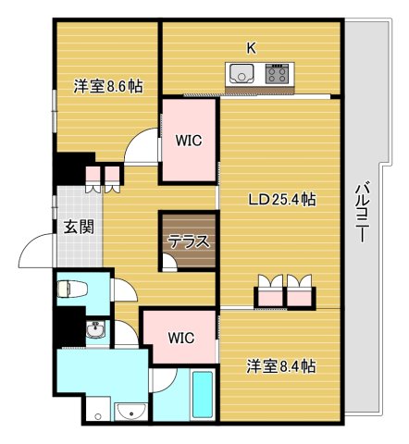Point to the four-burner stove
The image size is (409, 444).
tap(277, 73)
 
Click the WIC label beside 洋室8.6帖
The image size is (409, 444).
tap(189, 141)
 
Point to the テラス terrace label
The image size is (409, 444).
tap(188, 242)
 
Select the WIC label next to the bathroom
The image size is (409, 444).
tap(180, 338)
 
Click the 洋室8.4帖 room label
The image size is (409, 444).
tap(281, 367)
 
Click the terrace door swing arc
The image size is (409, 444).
tap(169, 263)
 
